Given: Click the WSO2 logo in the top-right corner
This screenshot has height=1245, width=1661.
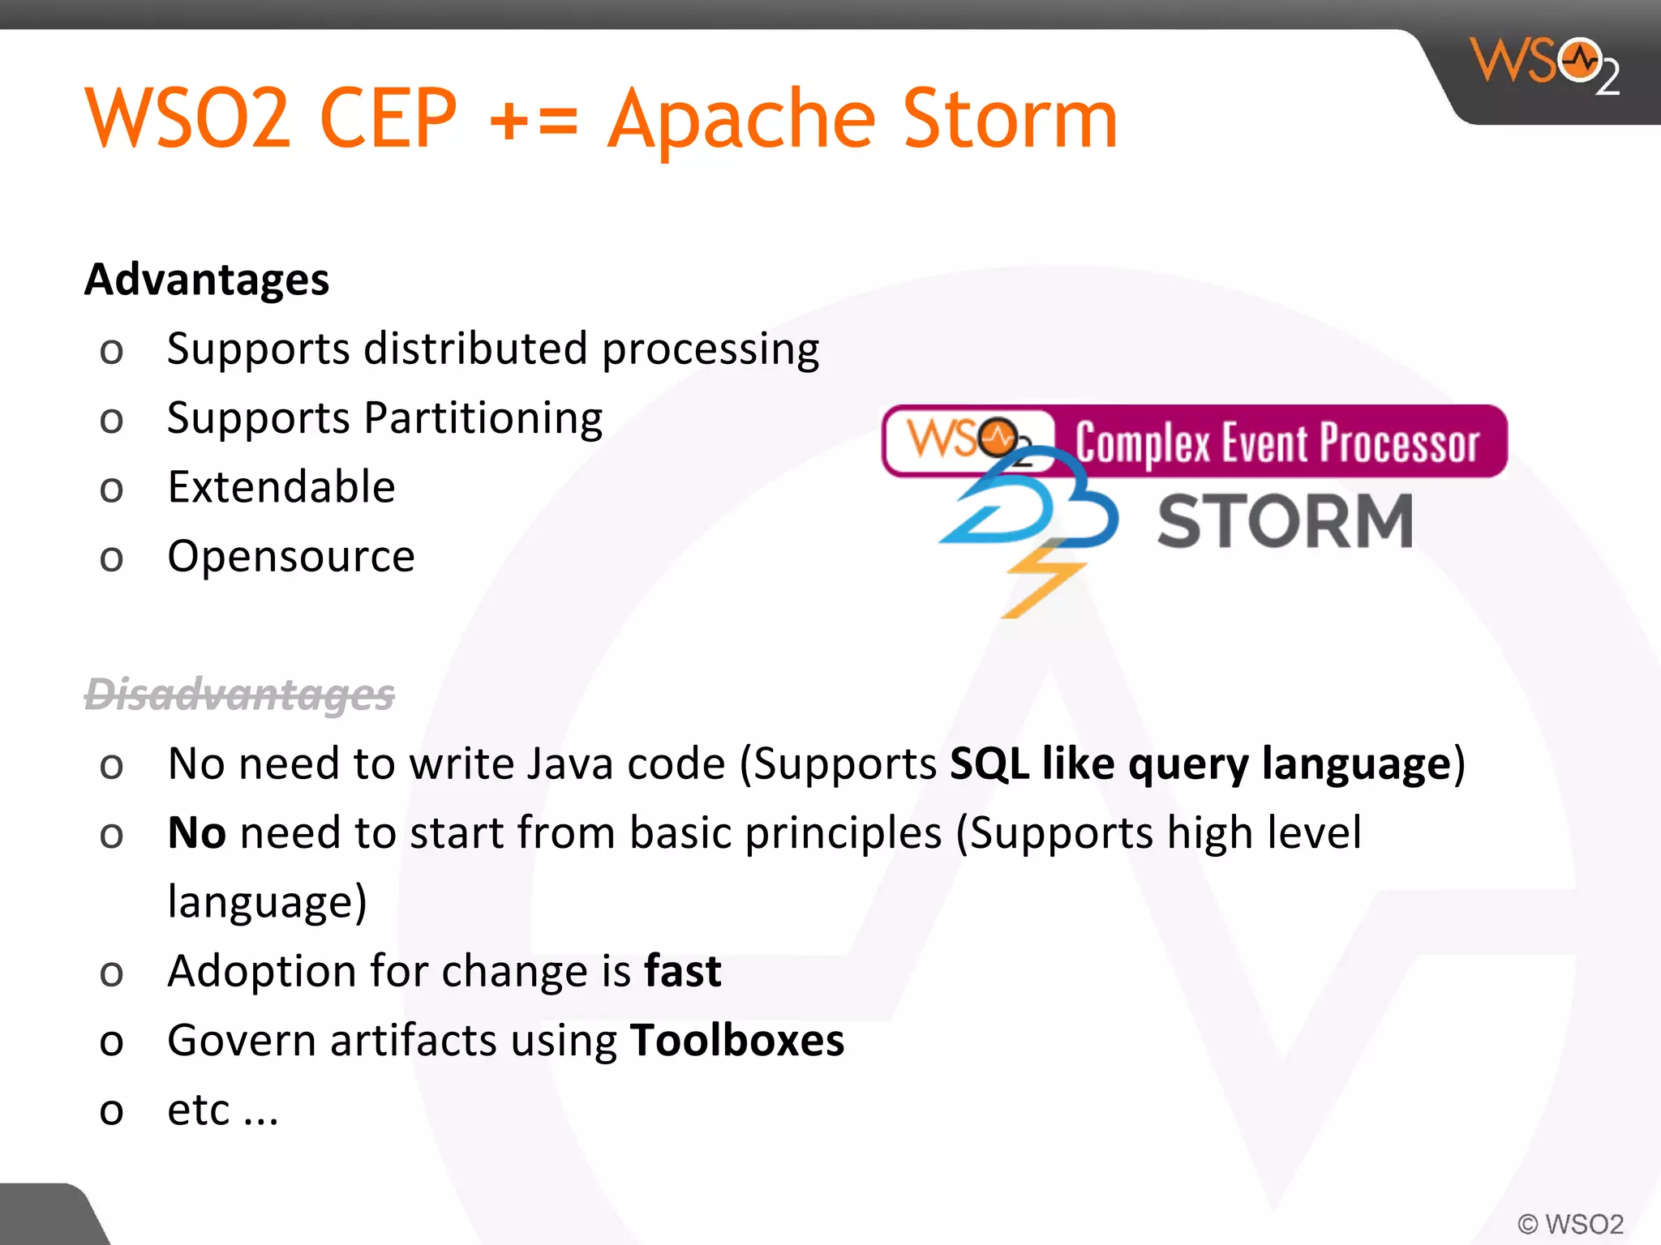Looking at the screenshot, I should click(x=1543, y=65).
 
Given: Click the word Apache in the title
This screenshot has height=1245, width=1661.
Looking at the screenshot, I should click(x=741, y=120).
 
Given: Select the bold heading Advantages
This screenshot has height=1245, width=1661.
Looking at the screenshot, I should click(x=207, y=280).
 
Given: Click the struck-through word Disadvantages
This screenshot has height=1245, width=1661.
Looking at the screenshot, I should click(x=239, y=695).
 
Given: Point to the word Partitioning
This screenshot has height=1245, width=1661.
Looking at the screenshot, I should click(x=483, y=419).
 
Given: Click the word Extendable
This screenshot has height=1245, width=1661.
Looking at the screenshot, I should click(x=281, y=487).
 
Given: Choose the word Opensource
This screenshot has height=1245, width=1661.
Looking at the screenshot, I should click(x=291, y=557).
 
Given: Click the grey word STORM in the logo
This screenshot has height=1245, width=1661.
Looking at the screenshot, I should click(x=1285, y=521).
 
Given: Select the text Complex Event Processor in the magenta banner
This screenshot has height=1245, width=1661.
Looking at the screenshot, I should click(x=1277, y=443).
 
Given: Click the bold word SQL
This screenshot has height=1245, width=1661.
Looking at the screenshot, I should click(x=989, y=764).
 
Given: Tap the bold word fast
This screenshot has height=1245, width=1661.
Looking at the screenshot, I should click(x=682, y=971).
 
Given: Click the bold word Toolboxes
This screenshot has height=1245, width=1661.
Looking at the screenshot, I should click(x=736, y=1041).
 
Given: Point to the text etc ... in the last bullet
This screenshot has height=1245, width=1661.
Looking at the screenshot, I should click(x=222, y=1110).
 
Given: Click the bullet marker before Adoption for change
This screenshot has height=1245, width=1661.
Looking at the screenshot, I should click(x=111, y=973).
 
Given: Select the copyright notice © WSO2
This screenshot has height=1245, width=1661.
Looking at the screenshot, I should click(x=1570, y=1223).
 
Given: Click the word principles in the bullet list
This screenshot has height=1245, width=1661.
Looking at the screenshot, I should click(x=843, y=833).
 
